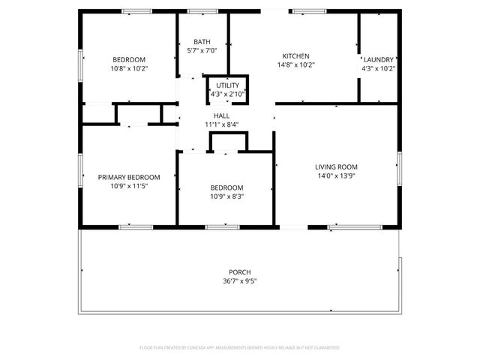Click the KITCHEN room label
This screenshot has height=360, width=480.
tap(295, 56)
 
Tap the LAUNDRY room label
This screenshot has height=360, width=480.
tap(379, 59)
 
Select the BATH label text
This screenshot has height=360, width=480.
tap(202, 42)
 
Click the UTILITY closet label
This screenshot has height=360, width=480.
tap(227, 86)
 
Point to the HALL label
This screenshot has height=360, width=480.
tap(222, 115)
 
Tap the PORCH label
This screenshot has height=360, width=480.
tap(240, 272)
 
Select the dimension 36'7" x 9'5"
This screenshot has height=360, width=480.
tap(240, 282)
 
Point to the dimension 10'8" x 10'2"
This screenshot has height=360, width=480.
tap(129, 68)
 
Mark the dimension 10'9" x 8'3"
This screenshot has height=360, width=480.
tap(226, 196)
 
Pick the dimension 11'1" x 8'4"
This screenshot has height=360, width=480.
tap(222, 124)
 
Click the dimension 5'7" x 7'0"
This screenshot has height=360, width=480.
tap(202, 51)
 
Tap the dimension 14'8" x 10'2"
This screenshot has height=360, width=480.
tap(295, 65)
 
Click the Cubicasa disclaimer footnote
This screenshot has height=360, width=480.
tap(240, 348)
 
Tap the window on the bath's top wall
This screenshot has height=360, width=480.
tap(199, 11)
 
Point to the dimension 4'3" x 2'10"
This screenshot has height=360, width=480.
tap(227, 94)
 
